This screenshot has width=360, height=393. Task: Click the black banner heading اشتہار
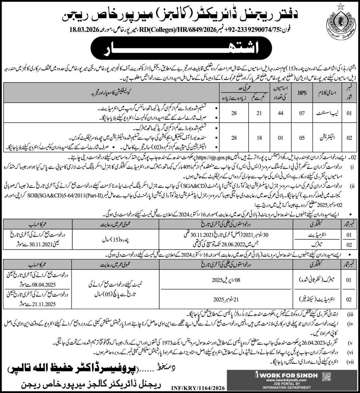tap(180, 49)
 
